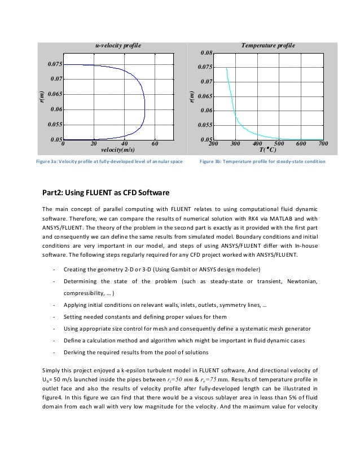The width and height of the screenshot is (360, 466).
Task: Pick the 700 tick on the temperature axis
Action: tap(323, 144)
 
